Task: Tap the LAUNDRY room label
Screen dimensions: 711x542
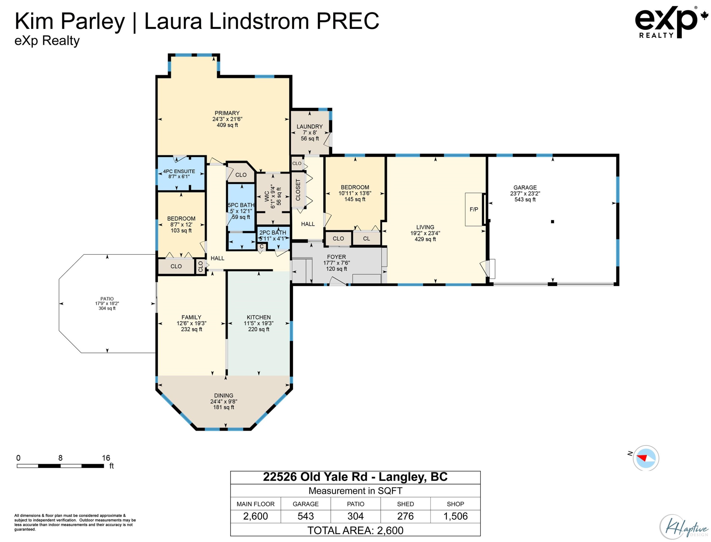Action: click(309, 127)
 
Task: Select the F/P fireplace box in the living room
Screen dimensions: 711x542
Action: click(474, 209)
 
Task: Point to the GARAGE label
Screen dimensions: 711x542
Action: click(525, 187)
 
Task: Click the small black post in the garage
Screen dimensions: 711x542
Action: click(552, 222)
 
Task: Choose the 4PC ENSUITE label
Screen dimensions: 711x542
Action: click(179, 171)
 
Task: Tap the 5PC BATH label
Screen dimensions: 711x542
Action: click(241, 205)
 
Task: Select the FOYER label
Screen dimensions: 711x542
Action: click(337, 257)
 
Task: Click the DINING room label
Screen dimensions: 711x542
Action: click(223, 396)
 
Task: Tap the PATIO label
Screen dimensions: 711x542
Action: click(107, 299)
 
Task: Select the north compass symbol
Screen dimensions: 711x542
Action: click(646, 458)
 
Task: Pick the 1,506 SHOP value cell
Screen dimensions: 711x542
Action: click(455, 516)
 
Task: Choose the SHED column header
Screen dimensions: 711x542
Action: click(406, 504)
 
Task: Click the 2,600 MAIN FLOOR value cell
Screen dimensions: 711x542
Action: click(255, 516)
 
